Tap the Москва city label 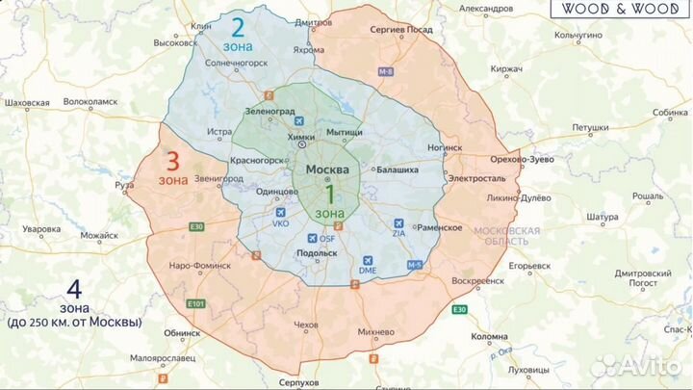pos(328,169)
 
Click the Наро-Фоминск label pos(199,264)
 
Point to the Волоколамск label pos(90,101)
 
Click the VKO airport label pos(281,223)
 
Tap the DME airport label pos(368,272)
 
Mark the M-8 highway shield pos(386,72)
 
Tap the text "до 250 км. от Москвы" pos(73,322)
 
